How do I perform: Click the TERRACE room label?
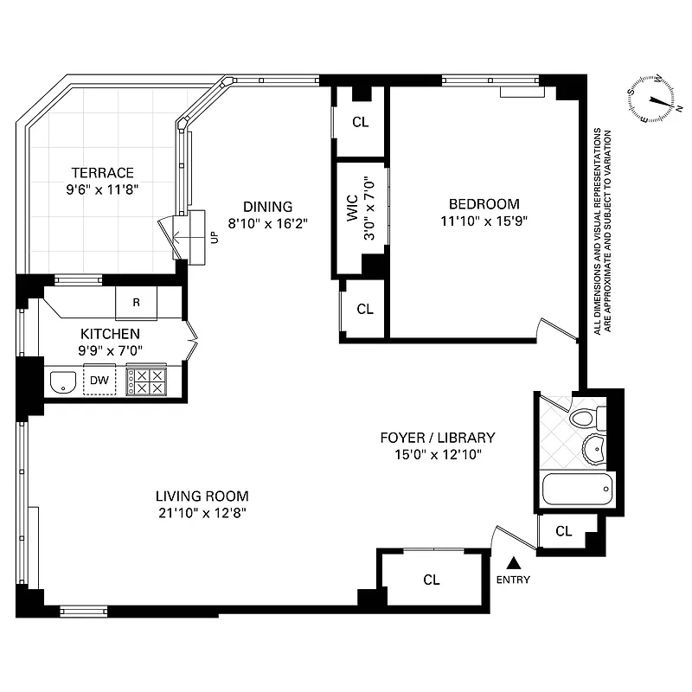coord(102,172)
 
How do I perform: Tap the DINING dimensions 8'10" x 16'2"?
coord(267,222)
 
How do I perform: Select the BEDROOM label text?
coord(484,204)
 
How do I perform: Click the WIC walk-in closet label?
coord(353,215)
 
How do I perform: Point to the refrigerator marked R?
coord(137,303)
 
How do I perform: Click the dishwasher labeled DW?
coord(99,380)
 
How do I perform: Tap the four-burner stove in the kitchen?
coord(145,381)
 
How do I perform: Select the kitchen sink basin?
coord(61,381)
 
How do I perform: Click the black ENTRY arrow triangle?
coord(513,562)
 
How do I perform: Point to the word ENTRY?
coord(513,580)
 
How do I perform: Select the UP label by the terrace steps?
coord(213,236)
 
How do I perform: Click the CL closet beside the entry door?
coord(431,580)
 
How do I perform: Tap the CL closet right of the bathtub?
coord(563,531)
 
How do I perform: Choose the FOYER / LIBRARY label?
coord(438,437)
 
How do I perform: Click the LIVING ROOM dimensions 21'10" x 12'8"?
coord(202,512)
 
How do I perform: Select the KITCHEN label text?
coord(110,333)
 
